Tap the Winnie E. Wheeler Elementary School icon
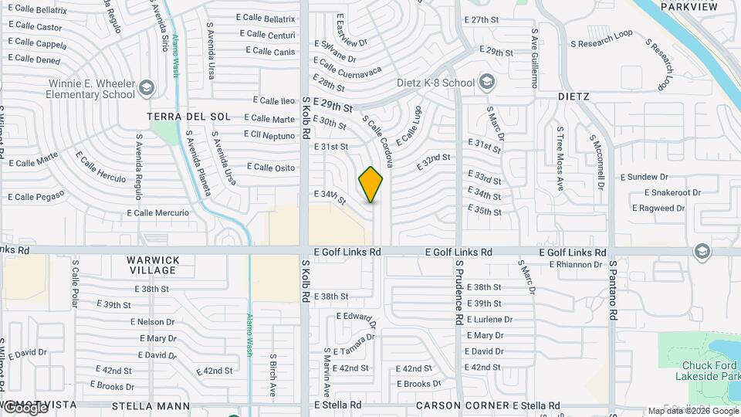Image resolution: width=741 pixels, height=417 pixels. pyautogui.click(x=146, y=89)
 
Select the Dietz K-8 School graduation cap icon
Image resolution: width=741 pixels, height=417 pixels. pyautogui.click(x=486, y=82)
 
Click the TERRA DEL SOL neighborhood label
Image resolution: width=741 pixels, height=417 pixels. pyautogui.click(x=189, y=117)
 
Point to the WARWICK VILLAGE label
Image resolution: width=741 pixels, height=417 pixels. pyautogui.click(x=154, y=265)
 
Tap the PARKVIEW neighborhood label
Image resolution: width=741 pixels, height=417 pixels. pyautogui.click(x=689, y=7)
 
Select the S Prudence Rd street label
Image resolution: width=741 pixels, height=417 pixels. pyautogui.click(x=458, y=291)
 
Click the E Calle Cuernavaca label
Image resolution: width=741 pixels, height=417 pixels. pyautogui.click(x=347, y=70)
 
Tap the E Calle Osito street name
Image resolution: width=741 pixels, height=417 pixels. pyautogui.click(x=271, y=168)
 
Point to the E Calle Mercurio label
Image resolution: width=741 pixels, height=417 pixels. pyautogui.click(x=157, y=212)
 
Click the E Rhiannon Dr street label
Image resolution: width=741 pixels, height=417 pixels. pyautogui.click(x=575, y=264)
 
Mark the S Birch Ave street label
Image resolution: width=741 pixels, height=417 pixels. pyautogui.click(x=273, y=375)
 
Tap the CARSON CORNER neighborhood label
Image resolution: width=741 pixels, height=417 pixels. pyautogui.click(x=460, y=405)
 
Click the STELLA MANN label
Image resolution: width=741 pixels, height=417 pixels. pyautogui.click(x=151, y=405)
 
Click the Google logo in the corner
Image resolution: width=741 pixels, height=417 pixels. pyautogui.click(x=25, y=408)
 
